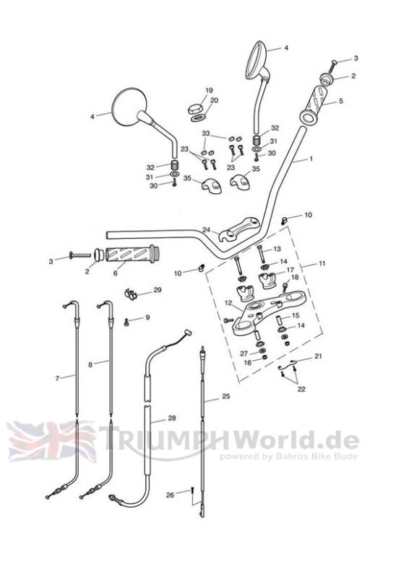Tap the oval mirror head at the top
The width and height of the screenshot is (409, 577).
[x=257, y=59]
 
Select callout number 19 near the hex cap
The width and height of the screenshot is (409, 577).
[x=209, y=90]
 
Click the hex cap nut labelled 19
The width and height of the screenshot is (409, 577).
[x=196, y=109]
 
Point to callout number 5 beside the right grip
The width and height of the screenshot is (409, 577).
[x=340, y=100]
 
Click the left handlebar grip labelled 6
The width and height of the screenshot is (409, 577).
[x=132, y=254]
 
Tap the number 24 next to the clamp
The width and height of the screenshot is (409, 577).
[x=206, y=230]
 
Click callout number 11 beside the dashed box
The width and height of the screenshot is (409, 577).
[x=322, y=263]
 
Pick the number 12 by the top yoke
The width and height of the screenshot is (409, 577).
[x=228, y=303]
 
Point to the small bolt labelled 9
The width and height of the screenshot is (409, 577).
[x=127, y=323]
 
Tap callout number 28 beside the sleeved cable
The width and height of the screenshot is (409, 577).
[x=172, y=418]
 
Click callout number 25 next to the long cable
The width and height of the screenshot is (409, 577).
[x=226, y=396]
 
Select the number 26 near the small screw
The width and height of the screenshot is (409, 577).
[x=170, y=495]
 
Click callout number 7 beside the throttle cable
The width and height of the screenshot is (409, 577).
[x=57, y=378]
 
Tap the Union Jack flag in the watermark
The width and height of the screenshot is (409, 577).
[x=52, y=441]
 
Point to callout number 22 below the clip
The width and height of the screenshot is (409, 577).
[x=301, y=389]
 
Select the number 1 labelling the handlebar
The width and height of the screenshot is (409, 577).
[x=311, y=159]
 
